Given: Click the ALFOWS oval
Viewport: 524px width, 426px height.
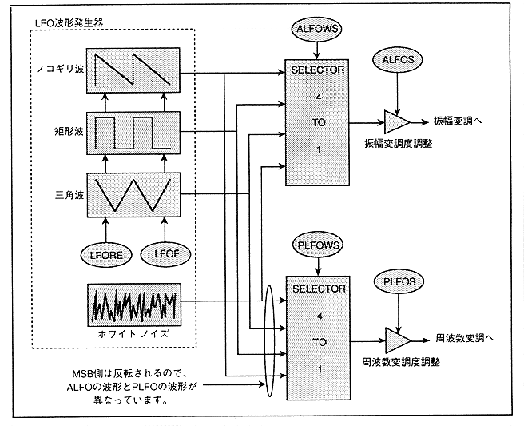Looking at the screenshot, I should tap(317, 29).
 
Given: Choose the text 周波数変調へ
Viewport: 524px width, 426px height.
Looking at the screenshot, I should tap(465, 338).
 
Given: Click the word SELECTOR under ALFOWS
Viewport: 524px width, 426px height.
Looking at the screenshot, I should tap(317, 70).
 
